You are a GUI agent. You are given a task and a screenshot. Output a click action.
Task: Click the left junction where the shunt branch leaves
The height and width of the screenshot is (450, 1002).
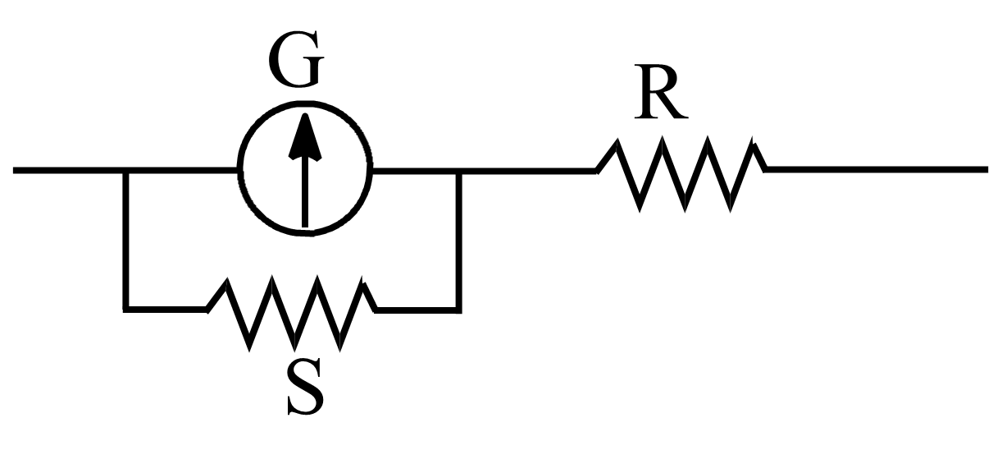coord(125,171)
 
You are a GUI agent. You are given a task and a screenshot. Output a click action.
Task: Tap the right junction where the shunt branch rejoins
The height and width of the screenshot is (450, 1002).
coord(458,172)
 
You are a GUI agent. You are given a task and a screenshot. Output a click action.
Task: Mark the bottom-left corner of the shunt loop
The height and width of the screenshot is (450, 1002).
coord(125,309)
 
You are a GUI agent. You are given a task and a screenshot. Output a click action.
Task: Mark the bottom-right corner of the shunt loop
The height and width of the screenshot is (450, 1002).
coord(458,310)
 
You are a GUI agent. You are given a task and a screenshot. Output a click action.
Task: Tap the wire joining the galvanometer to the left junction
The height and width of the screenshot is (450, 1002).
coord(182,171)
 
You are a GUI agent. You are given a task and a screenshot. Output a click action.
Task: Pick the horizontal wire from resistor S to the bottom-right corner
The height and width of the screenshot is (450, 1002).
coord(417,310)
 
